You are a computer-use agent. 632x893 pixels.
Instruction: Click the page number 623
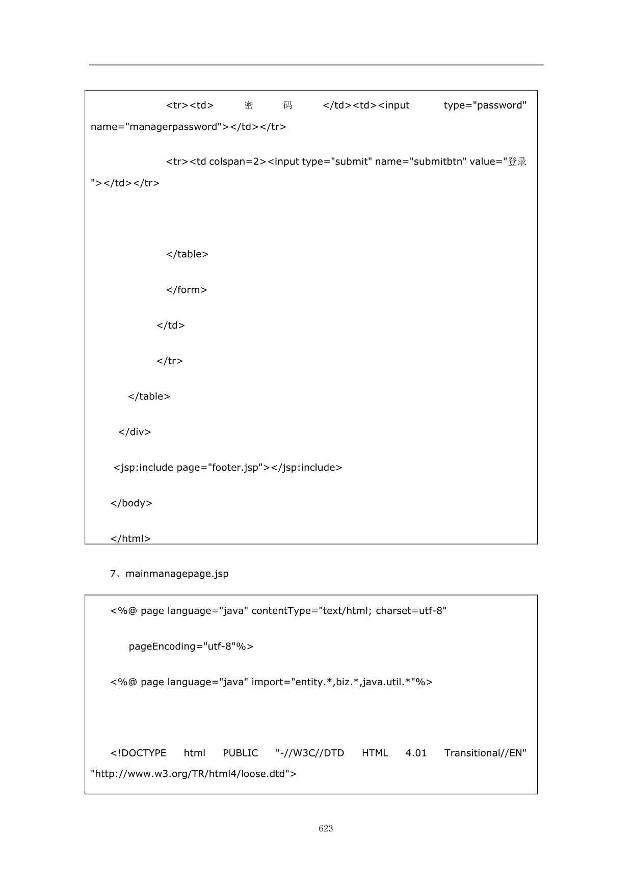click(x=326, y=829)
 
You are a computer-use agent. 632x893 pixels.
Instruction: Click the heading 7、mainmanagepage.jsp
click(x=169, y=574)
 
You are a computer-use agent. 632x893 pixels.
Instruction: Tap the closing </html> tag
click(x=130, y=538)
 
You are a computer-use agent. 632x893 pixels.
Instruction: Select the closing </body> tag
click(x=131, y=503)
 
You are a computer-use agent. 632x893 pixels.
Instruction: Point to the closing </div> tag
click(x=135, y=432)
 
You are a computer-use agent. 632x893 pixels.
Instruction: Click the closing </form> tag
click(x=187, y=290)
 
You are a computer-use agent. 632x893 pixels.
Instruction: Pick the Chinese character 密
click(x=249, y=105)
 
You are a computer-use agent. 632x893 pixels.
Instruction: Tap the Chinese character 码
click(x=288, y=105)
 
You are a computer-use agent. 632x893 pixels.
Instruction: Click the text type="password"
click(x=485, y=105)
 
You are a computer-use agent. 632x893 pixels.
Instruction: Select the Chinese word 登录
click(x=517, y=161)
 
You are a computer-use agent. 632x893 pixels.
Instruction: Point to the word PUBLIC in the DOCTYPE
click(x=240, y=753)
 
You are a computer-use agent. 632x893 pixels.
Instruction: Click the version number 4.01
click(x=416, y=753)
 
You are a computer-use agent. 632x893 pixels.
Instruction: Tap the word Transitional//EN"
click(x=485, y=753)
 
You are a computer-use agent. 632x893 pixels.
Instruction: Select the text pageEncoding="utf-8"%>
click(x=191, y=646)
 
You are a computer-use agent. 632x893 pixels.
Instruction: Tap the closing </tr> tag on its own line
click(x=170, y=361)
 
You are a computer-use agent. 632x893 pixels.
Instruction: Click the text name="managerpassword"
click(x=156, y=127)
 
